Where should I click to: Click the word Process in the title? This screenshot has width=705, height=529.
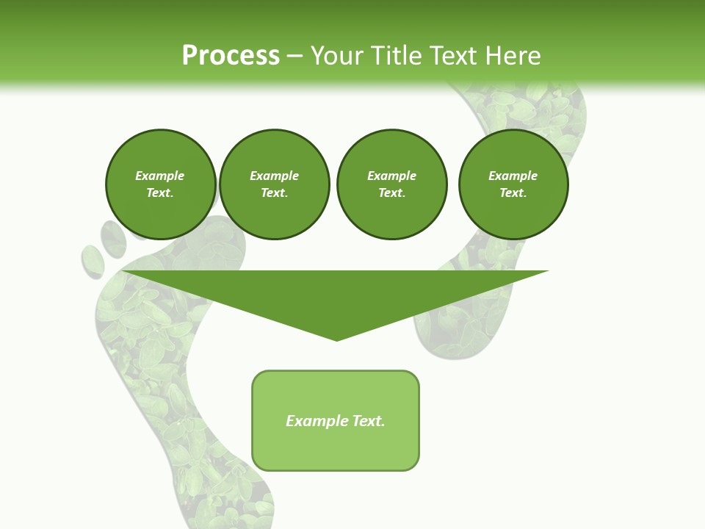pos(231,55)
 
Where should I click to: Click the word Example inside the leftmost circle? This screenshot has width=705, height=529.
pos(160,176)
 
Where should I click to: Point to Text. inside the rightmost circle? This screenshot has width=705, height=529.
pos(513,193)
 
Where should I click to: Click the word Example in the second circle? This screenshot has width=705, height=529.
pos(274,176)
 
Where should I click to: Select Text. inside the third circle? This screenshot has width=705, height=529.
pos(391,193)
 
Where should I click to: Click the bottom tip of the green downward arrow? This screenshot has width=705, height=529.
pos(336,339)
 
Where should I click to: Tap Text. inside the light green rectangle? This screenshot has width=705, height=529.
pos(369,421)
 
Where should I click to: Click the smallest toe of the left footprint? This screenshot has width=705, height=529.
pos(93,261)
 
